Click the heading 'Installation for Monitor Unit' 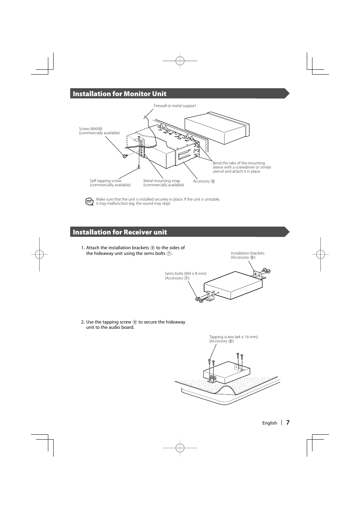click(x=119, y=94)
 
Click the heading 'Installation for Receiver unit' click(x=120, y=232)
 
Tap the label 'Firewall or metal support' click(x=175, y=106)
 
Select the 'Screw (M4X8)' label click(x=99, y=131)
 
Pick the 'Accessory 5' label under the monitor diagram click(x=204, y=181)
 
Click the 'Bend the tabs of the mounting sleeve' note click(x=242, y=167)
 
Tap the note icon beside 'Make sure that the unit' click(x=89, y=202)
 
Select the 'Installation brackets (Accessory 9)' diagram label click(x=248, y=255)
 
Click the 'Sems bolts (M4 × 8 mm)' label click(x=185, y=276)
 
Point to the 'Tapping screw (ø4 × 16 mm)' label click(x=233, y=339)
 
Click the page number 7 click(x=288, y=423)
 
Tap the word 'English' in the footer click(x=269, y=423)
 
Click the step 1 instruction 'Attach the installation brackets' click(x=135, y=250)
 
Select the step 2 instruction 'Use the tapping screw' click(x=135, y=325)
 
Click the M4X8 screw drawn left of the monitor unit click(x=125, y=156)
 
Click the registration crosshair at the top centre click(x=180, y=60)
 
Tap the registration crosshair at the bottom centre click(x=180, y=448)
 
